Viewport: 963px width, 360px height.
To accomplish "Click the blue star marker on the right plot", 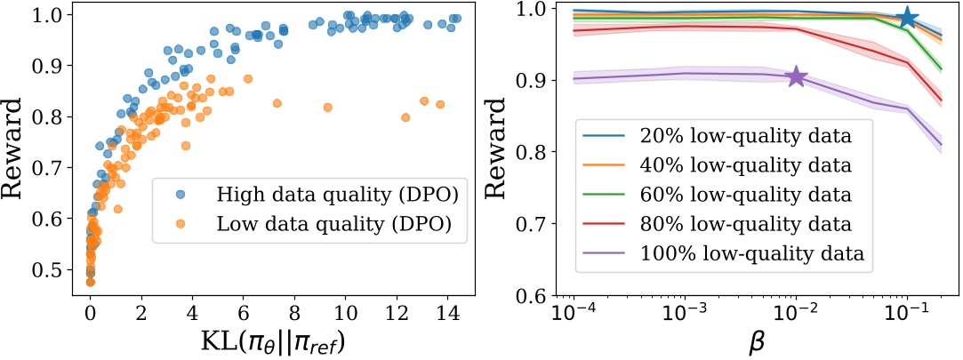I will point(906,18).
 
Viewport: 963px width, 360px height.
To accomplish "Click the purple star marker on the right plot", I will point(796,77).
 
